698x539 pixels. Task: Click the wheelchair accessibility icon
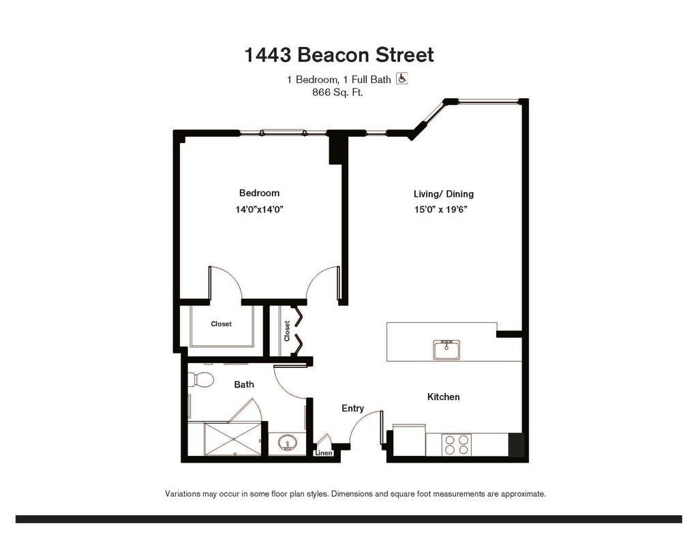[x=402, y=79]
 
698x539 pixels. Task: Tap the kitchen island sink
[x=446, y=350]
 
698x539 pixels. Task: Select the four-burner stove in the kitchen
[x=456, y=445]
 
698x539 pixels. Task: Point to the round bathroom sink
[x=287, y=444]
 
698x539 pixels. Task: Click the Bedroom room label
[x=259, y=193]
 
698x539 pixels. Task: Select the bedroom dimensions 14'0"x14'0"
[x=260, y=209]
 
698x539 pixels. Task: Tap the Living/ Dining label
[x=443, y=194]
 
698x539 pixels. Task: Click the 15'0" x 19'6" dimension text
[x=441, y=209]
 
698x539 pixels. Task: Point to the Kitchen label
[x=443, y=397]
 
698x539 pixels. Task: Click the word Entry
[x=352, y=408]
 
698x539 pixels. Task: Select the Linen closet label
[x=324, y=453]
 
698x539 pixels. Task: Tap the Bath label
[x=244, y=384]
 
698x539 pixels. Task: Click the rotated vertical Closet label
[x=287, y=331]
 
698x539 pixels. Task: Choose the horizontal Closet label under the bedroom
[x=222, y=324]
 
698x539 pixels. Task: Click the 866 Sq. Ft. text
[x=337, y=93]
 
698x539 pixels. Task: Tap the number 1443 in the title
[x=267, y=55]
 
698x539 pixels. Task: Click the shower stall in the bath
[x=233, y=440]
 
